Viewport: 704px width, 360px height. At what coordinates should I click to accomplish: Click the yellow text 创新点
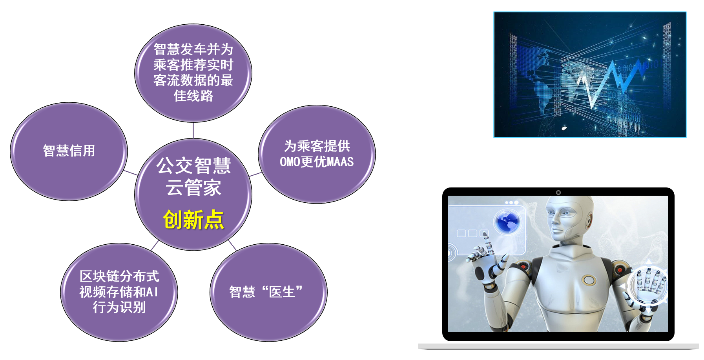coord(193,220)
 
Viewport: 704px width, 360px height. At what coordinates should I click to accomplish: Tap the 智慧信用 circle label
coord(69,151)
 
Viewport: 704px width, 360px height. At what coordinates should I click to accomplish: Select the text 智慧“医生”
coord(266,292)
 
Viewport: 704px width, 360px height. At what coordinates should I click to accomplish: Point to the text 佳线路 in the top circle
coord(193,96)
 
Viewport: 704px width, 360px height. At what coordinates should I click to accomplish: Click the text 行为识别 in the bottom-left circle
coord(119,307)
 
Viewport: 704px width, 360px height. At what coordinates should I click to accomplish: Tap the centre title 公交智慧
coord(193,165)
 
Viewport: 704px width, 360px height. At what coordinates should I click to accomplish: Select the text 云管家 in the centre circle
coord(193,187)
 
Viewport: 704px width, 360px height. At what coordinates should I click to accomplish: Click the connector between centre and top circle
coord(193,130)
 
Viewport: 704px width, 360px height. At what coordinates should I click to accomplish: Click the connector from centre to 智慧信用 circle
coord(130,173)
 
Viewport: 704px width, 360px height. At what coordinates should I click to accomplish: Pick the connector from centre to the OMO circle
coord(255,174)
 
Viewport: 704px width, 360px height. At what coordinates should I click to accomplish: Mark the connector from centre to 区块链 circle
coord(155,245)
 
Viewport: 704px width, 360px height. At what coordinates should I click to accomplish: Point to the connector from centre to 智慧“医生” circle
coord(232,245)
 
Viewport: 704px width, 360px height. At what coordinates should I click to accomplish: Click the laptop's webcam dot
coord(558,193)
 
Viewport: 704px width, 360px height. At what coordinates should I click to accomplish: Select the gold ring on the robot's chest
coord(589,280)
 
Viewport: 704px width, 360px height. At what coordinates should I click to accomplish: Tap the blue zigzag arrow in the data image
coord(610,82)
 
